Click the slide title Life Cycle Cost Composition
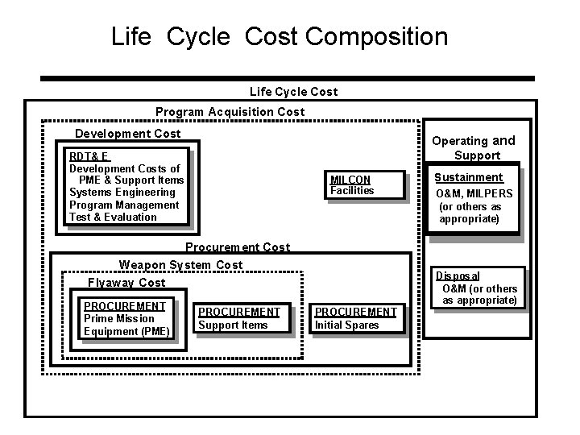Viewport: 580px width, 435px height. [x=280, y=36]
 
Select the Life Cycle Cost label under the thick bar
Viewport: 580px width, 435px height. [x=294, y=92]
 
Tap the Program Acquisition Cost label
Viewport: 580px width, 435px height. [x=230, y=112]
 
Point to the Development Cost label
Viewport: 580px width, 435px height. [x=127, y=133]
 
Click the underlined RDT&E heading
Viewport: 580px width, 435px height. [x=89, y=156]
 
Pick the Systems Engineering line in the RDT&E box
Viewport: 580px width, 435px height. [x=122, y=193]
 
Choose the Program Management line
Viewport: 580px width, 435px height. [x=124, y=205]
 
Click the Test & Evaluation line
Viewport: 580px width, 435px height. [x=113, y=217]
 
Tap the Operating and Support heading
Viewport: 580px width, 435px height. [x=474, y=147]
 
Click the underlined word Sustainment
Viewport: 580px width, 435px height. [x=468, y=177]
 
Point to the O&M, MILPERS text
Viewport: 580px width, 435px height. [x=474, y=193]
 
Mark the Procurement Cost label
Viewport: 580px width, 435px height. [x=237, y=247]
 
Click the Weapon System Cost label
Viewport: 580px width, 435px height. [x=180, y=265]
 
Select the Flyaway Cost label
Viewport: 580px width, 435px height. [x=126, y=283]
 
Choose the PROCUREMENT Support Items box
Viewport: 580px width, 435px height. [x=239, y=318]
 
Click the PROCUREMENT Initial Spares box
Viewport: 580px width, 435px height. [x=355, y=318]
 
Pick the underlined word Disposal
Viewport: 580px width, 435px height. [x=458, y=276]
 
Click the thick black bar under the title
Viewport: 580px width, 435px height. [x=287, y=79]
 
